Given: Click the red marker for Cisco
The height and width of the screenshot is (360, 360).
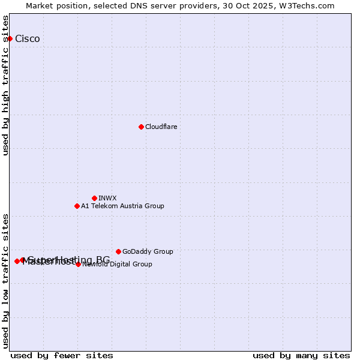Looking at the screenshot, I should [x=10, y=38].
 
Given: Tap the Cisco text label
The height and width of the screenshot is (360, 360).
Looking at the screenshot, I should [x=28, y=39].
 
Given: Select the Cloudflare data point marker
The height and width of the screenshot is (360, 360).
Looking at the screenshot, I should [x=141, y=127].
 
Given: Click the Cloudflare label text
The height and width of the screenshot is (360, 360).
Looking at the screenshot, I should [x=161, y=127].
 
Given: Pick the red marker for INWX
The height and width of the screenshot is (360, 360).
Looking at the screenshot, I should [x=94, y=198].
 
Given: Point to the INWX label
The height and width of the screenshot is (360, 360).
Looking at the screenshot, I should [x=107, y=199].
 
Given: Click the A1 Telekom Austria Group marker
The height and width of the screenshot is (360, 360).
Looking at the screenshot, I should [x=77, y=206].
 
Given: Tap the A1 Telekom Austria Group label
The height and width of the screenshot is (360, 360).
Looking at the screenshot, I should [x=122, y=206].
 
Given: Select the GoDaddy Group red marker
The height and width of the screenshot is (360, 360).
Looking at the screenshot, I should [x=118, y=251].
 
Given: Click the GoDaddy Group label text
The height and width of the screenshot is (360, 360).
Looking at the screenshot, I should [x=148, y=252].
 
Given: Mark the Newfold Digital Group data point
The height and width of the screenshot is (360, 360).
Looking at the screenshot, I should [x=78, y=264].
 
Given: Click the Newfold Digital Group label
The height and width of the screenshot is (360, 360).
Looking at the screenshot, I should [x=118, y=265].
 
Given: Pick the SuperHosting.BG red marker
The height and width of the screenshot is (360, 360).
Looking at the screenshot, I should [x=23, y=260].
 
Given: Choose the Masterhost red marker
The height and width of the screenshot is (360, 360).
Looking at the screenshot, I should [x=17, y=261].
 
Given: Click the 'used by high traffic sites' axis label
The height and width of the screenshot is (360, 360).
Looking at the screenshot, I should [x=6, y=85].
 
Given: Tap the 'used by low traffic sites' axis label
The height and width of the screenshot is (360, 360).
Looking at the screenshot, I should [x=6, y=281].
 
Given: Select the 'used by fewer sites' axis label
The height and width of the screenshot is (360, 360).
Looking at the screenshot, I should [x=62, y=355].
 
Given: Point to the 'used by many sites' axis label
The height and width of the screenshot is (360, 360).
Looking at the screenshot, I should [x=301, y=355].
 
